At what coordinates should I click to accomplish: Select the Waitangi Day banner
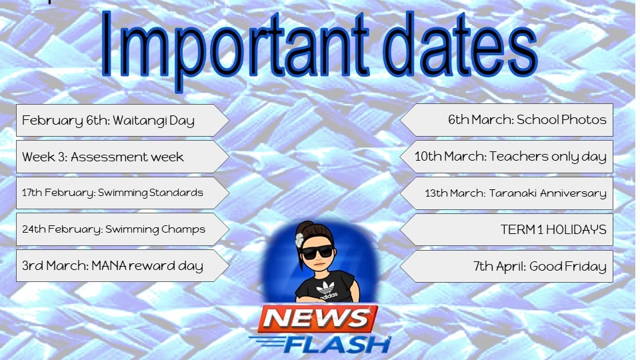click(123, 121)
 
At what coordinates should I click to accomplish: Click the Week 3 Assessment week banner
click(123, 157)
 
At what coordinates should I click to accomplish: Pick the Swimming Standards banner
click(123, 193)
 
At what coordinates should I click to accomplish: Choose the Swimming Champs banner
click(123, 229)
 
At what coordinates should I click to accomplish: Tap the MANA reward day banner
click(123, 266)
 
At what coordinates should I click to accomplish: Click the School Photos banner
click(507, 120)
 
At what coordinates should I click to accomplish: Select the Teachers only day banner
click(507, 156)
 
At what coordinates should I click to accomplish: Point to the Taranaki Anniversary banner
click(507, 193)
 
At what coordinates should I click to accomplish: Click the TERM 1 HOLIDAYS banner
click(507, 229)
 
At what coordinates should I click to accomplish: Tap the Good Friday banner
click(507, 266)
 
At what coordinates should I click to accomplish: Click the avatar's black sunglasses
click(317, 253)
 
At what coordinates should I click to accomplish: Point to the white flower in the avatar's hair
click(299, 240)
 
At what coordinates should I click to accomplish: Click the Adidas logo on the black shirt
click(326, 290)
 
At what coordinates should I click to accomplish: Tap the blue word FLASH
click(335, 345)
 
